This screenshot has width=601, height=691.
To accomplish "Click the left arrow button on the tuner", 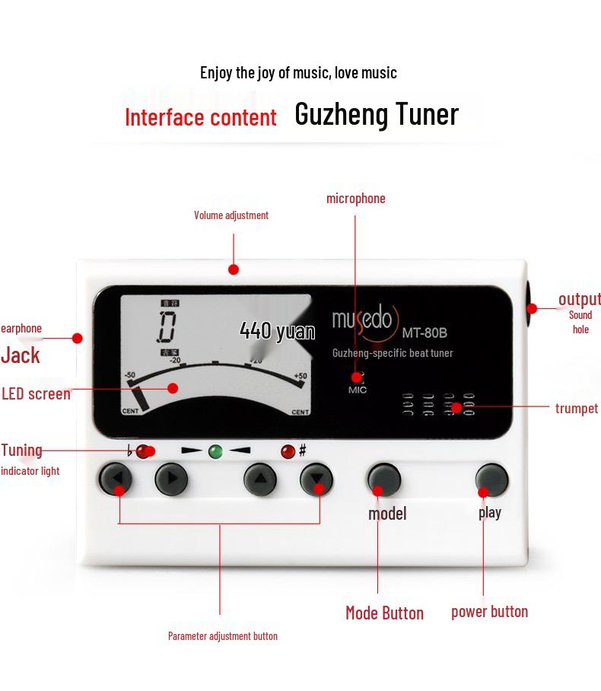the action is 116,479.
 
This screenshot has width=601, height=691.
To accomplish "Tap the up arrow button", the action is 260,479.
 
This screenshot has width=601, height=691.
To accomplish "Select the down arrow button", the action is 316,479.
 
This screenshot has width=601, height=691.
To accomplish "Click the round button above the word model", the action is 383,479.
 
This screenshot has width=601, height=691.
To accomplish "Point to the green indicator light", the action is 215,451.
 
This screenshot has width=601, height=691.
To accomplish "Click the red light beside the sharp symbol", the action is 288,451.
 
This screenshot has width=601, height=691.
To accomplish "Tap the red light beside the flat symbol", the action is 143,451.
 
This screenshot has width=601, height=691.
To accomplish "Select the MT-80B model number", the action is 425,333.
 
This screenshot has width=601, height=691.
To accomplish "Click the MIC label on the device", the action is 358,390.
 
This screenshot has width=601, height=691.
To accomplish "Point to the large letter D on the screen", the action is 167,326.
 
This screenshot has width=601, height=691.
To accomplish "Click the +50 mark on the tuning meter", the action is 300,376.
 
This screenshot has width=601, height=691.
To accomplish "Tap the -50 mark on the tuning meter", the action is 130,375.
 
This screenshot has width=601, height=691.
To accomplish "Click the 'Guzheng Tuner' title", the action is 377,114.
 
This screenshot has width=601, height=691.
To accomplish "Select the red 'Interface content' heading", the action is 201,117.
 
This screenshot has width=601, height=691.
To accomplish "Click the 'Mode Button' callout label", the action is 385,613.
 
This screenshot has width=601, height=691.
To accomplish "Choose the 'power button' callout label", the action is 489,612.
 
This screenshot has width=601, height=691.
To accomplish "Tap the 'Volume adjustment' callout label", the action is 231,215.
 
